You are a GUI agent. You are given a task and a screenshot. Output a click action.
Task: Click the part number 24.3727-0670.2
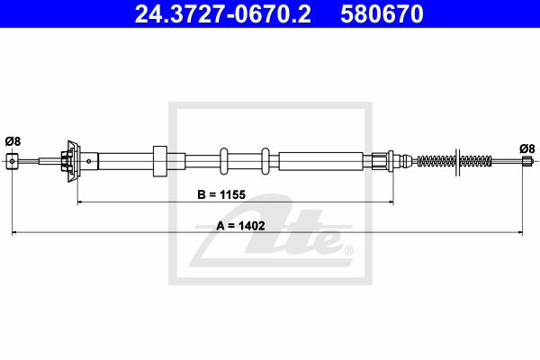point(223,14)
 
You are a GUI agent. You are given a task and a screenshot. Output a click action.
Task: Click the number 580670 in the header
point(382,14)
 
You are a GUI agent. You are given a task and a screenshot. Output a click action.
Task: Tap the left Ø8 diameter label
point(13,141)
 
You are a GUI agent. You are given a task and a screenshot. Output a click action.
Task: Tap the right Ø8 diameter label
point(526,148)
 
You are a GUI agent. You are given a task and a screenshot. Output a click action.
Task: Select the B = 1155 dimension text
point(221,194)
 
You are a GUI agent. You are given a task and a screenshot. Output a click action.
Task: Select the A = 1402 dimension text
point(240,226)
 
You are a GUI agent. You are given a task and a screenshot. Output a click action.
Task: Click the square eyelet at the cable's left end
point(12,161)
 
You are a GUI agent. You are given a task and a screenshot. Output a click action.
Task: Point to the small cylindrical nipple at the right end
point(526,161)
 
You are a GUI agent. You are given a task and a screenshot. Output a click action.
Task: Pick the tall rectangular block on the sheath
point(160,161)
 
